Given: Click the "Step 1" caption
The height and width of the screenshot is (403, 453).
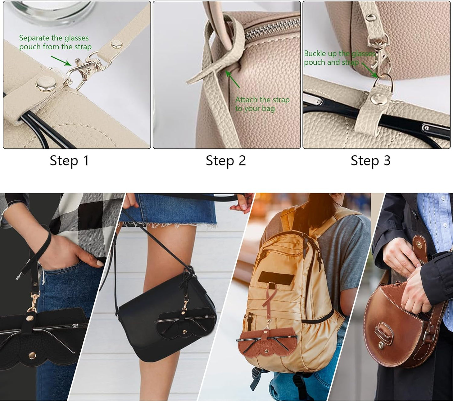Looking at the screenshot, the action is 69,161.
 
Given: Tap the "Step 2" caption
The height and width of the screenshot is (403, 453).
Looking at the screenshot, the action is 226,161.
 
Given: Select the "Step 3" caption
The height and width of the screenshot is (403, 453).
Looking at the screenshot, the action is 371,161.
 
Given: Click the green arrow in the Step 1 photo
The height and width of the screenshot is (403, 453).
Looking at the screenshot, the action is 61,61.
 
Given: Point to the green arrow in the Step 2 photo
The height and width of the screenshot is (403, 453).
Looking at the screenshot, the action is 232,79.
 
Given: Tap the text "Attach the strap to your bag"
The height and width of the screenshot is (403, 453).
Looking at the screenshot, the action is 262,104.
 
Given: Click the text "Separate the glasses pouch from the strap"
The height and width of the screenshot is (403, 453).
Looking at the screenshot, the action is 55,42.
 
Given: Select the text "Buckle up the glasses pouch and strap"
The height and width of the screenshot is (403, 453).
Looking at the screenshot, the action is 340,58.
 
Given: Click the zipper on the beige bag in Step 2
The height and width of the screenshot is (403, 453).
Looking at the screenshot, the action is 273,29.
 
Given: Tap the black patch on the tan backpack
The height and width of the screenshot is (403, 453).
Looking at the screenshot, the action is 276,277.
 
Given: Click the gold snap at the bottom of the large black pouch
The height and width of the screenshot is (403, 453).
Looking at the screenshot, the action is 32,355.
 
